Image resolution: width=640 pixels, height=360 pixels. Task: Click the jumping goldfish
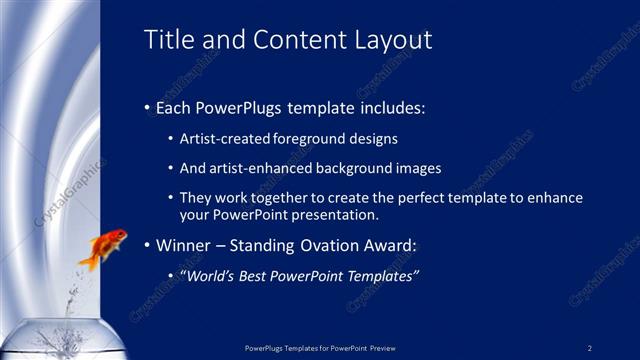pyautogui.click(x=105, y=248)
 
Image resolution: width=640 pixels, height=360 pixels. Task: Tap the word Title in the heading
pyautogui.click(x=166, y=40)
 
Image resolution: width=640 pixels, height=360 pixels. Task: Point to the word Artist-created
pyautogui.click(x=222, y=139)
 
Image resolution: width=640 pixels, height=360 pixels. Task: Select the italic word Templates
pyautogui.click(x=381, y=274)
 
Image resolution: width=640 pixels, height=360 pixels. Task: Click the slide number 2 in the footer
pyautogui.click(x=590, y=348)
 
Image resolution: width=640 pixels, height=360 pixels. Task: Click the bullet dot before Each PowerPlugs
pyautogui.click(x=147, y=105)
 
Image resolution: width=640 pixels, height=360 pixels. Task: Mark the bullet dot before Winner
pyautogui.click(x=147, y=244)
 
